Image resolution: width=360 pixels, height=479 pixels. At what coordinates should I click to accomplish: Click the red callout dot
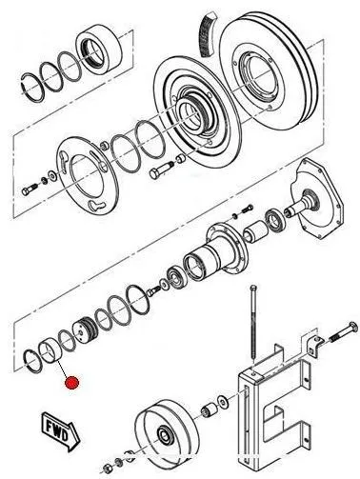click(x=71, y=383)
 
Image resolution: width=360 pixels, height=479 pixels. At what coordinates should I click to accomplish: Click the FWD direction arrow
click(x=61, y=431)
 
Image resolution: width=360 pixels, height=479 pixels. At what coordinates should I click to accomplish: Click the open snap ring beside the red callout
click(x=33, y=361)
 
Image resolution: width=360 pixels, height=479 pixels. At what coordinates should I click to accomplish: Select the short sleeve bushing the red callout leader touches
click(x=50, y=351)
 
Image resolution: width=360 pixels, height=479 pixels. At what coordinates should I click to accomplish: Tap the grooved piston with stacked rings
click(x=84, y=330)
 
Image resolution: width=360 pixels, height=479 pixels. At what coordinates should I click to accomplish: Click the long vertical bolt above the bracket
click(x=252, y=326)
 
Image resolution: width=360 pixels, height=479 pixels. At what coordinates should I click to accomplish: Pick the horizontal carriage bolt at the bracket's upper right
click(x=344, y=334)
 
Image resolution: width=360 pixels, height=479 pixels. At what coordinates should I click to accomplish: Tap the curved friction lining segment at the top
click(x=208, y=35)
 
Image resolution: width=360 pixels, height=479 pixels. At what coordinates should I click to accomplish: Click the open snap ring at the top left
click(x=33, y=88)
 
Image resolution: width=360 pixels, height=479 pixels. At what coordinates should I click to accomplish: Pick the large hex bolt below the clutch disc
click(x=161, y=170)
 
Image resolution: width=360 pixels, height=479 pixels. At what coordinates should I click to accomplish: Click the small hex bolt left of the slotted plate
click(x=28, y=190)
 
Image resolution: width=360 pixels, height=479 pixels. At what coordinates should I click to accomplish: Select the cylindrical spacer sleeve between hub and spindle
click(x=256, y=232)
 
